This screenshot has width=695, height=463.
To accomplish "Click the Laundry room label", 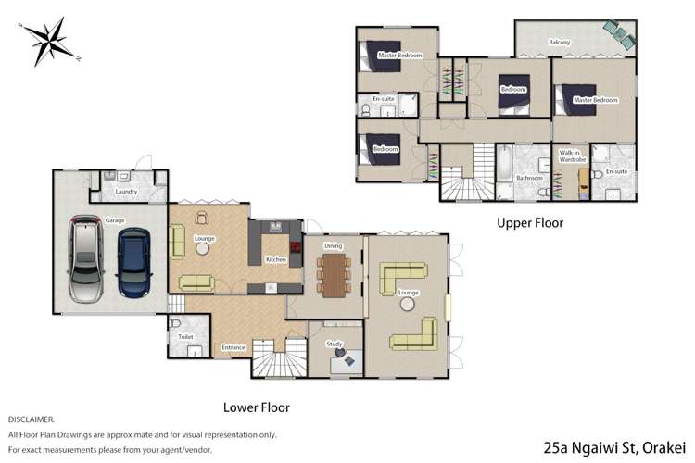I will click(x=127, y=193).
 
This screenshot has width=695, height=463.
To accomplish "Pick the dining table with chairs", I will click(x=334, y=275).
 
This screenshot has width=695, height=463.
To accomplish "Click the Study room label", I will click(x=335, y=344).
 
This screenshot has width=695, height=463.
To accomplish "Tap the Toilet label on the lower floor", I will click(x=185, y=337).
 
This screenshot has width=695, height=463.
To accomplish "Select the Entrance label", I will click(x=234, y=347).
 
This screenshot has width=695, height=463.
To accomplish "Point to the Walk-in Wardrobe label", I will click(x=569, y=156).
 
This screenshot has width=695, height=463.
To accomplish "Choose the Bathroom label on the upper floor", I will click(x=529, y=177).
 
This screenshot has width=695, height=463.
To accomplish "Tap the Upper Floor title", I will click(x=529, y=223).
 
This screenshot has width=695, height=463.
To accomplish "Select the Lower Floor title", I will click(x=257, y=407).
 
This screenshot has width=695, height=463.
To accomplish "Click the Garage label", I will click(x=114, y=220).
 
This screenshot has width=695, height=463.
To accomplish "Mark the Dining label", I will click(x=334, y=245).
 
